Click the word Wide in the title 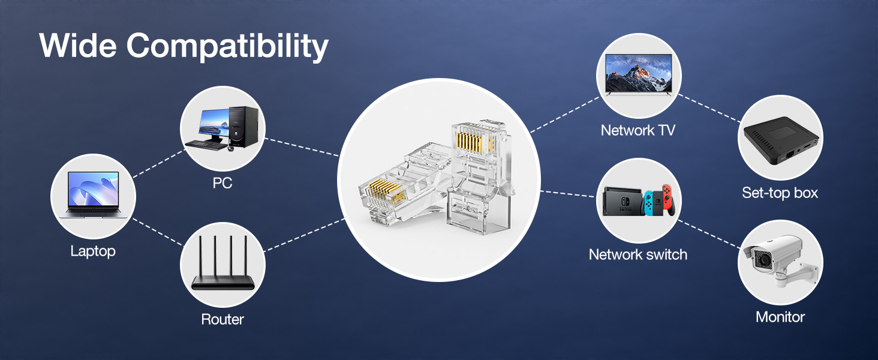tap(78, 45)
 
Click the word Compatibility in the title tap(227, 47)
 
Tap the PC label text tap(222, 183)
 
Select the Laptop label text tap(93, 251)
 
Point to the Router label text tap(222, 319)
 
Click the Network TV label tap(638, 130)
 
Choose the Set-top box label tap(780, 193)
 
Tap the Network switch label tap(638, 254)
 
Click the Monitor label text tap(780, 317)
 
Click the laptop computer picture tap(94, 195)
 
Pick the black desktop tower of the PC tap(243, 127)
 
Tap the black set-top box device tap(781, 140)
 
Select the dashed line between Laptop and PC tap(159, 164)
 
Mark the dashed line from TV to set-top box tap(709, 108)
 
